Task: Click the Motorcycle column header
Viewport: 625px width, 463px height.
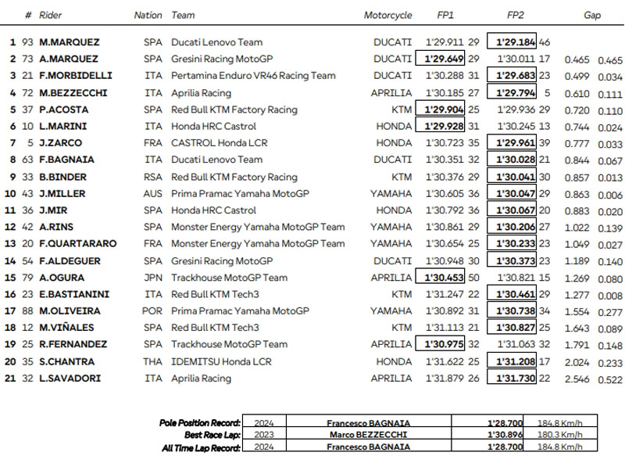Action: click(x=387, y=15)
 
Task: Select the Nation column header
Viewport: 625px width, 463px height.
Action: click(x=148, y=15)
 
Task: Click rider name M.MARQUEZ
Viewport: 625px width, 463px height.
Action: click(x=70, y=42)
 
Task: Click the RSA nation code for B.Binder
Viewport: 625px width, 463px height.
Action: click(x=154, y=177)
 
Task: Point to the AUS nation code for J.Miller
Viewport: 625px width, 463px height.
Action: click(x=154, y=193)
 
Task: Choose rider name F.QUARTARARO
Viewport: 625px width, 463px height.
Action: click(x=78, y=243)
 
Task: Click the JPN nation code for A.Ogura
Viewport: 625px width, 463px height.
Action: click(x=154, y=278)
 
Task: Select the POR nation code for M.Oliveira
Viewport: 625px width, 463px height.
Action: click(x=154, y=311)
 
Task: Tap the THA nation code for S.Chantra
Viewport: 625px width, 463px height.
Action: click(x=154, y=361)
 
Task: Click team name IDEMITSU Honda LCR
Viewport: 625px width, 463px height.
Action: click(x=222, y=361)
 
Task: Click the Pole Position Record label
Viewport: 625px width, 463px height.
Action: click(x=198, y=422)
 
